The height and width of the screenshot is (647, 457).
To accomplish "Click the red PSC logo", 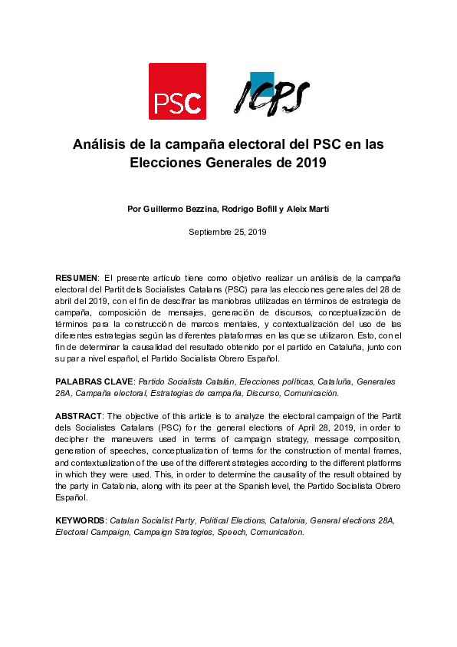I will click(x=177, y=91).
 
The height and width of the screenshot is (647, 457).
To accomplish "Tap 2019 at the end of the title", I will click(x=311, y=163).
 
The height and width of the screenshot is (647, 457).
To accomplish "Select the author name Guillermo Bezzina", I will click(x=181, y=210).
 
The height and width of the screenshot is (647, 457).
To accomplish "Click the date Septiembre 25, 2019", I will click(x=228, y=231).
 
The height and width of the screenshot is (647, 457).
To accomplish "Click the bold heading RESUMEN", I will click(x=77, y=277).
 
